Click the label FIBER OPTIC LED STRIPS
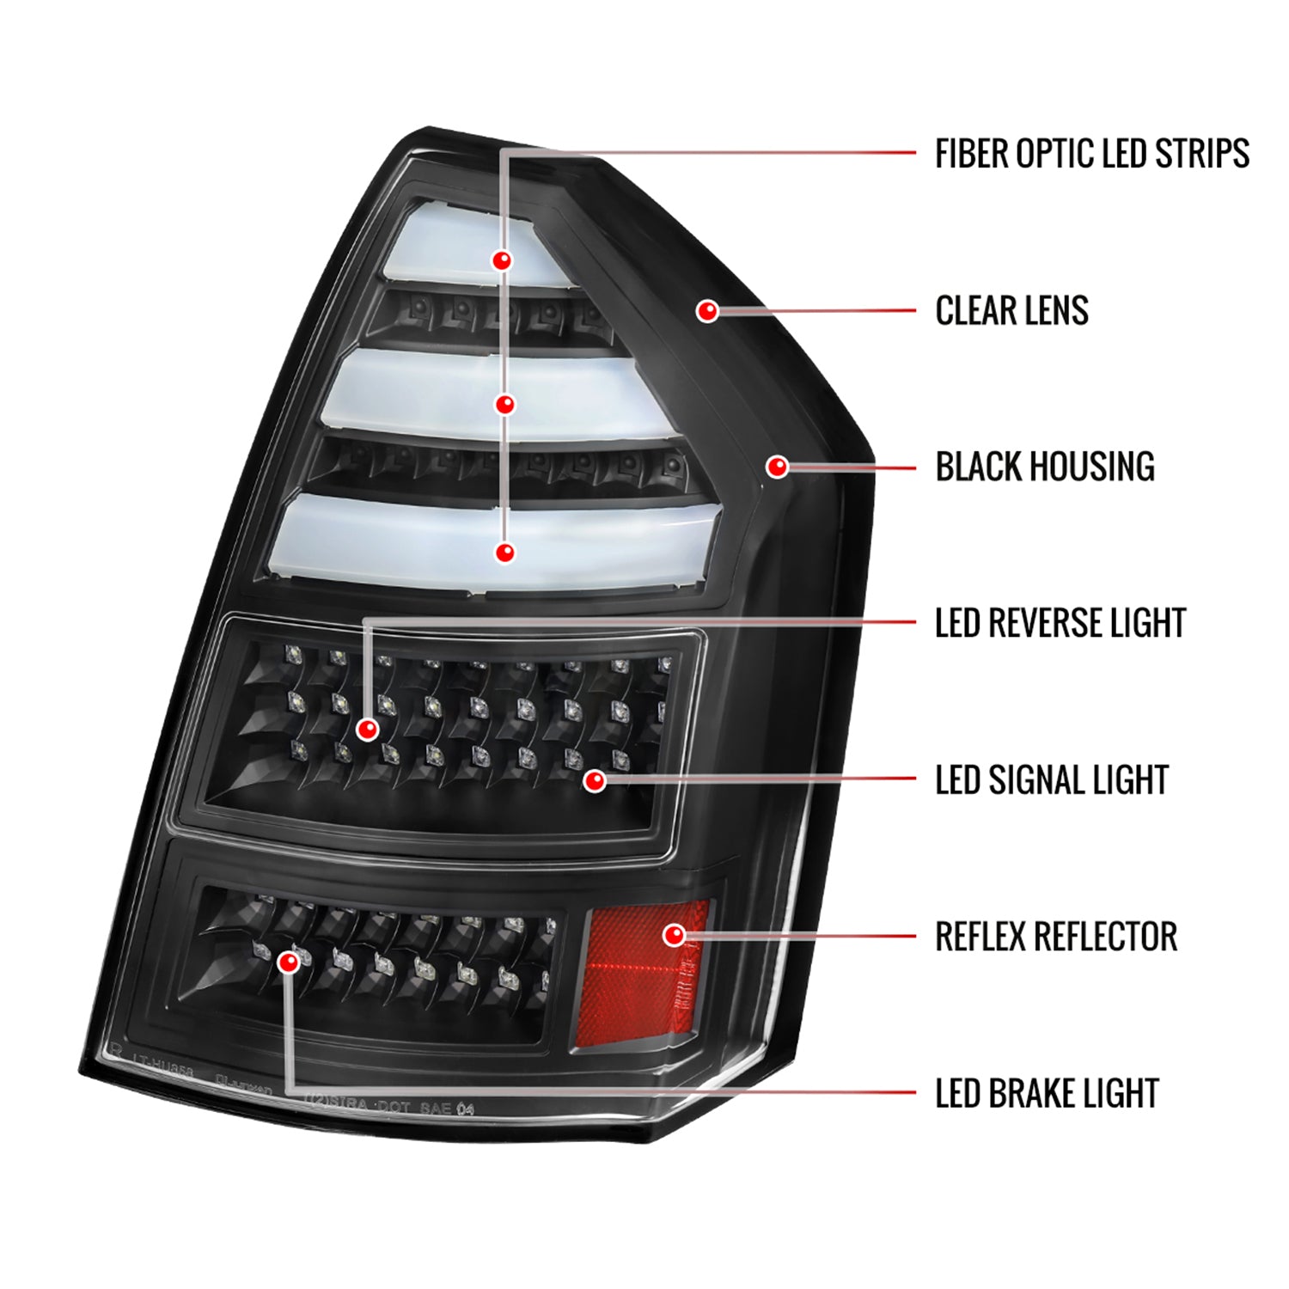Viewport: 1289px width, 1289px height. tap(1091, 154)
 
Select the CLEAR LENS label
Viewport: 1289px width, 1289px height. tap(1011, 311)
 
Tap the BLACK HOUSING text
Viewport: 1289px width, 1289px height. tap(1044, 467)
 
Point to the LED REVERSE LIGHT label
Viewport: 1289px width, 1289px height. tap(1060, 624)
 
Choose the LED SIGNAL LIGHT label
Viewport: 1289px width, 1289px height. tap(1051, 780)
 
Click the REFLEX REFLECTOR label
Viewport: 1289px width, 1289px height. tap(1055, 937)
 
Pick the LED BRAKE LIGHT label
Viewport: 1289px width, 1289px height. tap(1046, 1094)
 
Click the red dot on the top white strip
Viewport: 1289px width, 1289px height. tap(502, 260)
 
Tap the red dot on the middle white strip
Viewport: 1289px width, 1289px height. tap(505, 404)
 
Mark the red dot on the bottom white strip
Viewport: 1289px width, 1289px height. tap(505, 553)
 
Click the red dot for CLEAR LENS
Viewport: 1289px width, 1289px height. tap(707, 310)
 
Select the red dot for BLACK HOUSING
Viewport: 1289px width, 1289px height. tap(778, 467)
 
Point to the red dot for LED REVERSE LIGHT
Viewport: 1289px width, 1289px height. tap(368, 730)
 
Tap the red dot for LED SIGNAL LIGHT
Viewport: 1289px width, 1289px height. tap(594, 780)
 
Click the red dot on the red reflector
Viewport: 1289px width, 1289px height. tap(675, 935)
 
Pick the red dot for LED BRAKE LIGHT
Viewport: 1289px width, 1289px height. tap(289, 962)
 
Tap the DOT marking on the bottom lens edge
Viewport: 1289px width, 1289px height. tap(394, 1107)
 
